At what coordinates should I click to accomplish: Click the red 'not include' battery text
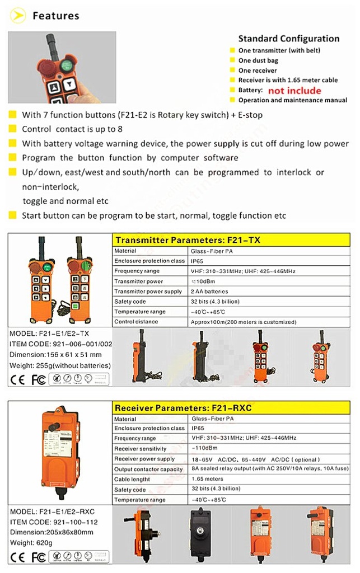(x=294, y=91)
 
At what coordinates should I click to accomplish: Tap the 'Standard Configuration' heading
(x=289, y=39)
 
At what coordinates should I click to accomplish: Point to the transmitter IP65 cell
(x=197, y=261)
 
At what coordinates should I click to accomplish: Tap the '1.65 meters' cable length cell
(x=207, y=479)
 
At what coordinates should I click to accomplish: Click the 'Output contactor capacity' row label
(x=148, y=469)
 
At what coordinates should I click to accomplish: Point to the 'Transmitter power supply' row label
(x=148, y=292)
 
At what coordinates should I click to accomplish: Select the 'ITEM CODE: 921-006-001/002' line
(x=60, y=344)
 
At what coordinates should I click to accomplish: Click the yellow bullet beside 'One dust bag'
(x=232, y=60)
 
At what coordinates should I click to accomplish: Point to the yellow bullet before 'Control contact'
(x=12, y=129)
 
